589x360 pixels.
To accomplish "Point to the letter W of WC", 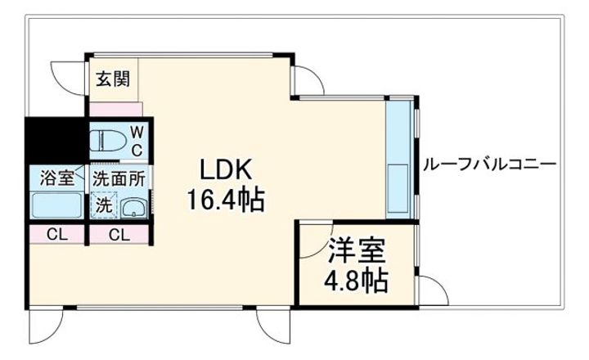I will point(137,131).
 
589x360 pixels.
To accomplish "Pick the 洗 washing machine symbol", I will point(103,206).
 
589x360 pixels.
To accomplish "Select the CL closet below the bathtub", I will point(55,236).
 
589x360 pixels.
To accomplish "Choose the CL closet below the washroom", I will point(119,236).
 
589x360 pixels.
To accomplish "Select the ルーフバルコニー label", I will point(489,164).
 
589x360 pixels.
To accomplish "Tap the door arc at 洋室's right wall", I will point(431,288).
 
